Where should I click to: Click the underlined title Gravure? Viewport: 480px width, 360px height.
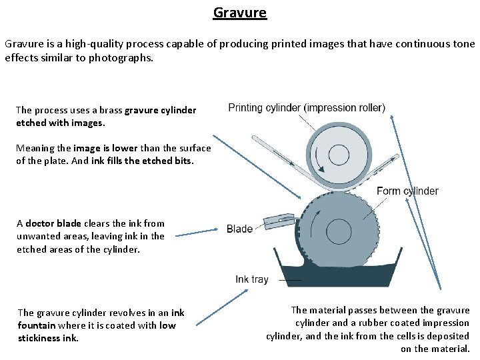click(240, 13)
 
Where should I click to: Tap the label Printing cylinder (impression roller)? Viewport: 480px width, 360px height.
click(306, 107)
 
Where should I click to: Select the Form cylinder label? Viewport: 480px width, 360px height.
click(407, 191)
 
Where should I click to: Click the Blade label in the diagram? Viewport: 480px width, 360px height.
click(239, 229)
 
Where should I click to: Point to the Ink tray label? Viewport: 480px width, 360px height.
click(251, 279)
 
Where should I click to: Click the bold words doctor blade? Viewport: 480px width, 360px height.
click(49, 223)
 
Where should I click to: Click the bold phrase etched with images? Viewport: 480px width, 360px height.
click(61, 123)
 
